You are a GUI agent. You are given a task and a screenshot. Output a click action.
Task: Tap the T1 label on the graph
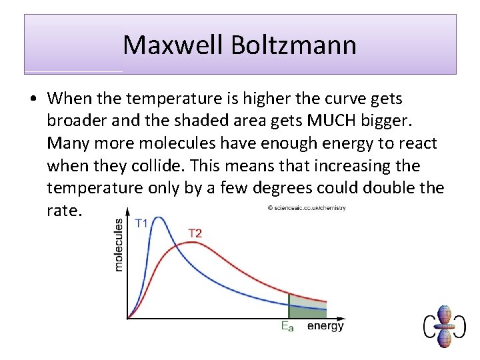142,224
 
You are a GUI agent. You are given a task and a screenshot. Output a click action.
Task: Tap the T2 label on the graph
195,233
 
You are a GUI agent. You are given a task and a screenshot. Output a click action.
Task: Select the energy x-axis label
325,326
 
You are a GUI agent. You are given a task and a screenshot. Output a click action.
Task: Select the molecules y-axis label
119,245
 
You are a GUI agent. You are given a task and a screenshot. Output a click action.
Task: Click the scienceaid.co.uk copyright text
307,208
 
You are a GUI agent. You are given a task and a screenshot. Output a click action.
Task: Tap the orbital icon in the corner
445,326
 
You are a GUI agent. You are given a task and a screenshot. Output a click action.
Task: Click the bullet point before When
33,99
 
